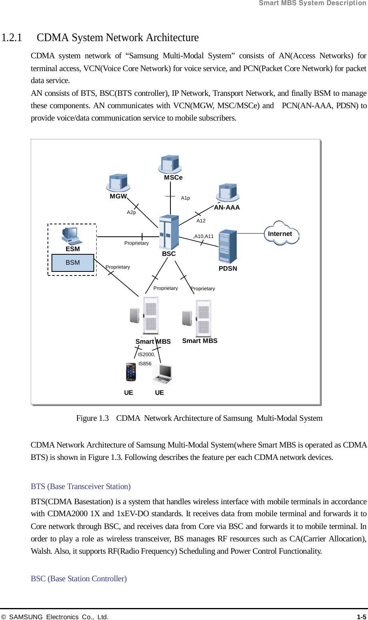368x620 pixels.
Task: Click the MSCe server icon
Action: coord(170,164)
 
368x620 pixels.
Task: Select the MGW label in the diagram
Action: coord(118,196)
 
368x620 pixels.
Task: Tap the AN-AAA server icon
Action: coord(228,192)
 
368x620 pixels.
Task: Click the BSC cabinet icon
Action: coord(169,232)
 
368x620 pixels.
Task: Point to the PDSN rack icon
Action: coord(228,246)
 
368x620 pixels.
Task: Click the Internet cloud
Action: coord(281,234)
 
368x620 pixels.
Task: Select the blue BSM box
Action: coord(73,263)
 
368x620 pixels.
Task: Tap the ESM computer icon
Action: coord(72,236)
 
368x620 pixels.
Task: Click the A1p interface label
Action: coord(186,198)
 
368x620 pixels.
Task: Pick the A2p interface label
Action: coord(131,212)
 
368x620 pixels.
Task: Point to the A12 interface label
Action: coord(201,221)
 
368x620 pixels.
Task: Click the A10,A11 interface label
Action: coord(204,236)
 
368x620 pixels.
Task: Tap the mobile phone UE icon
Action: coord(131,372)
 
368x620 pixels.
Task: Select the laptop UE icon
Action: coord(162,374)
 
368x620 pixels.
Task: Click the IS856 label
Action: coord(145,364)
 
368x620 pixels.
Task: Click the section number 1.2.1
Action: coord(12,38)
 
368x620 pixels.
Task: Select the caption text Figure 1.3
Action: coord(93,418)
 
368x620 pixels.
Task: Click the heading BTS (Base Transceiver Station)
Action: coord(81,487)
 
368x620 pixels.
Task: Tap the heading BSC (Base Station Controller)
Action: coord(79,579)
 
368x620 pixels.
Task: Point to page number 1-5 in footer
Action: coord(361,617)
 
